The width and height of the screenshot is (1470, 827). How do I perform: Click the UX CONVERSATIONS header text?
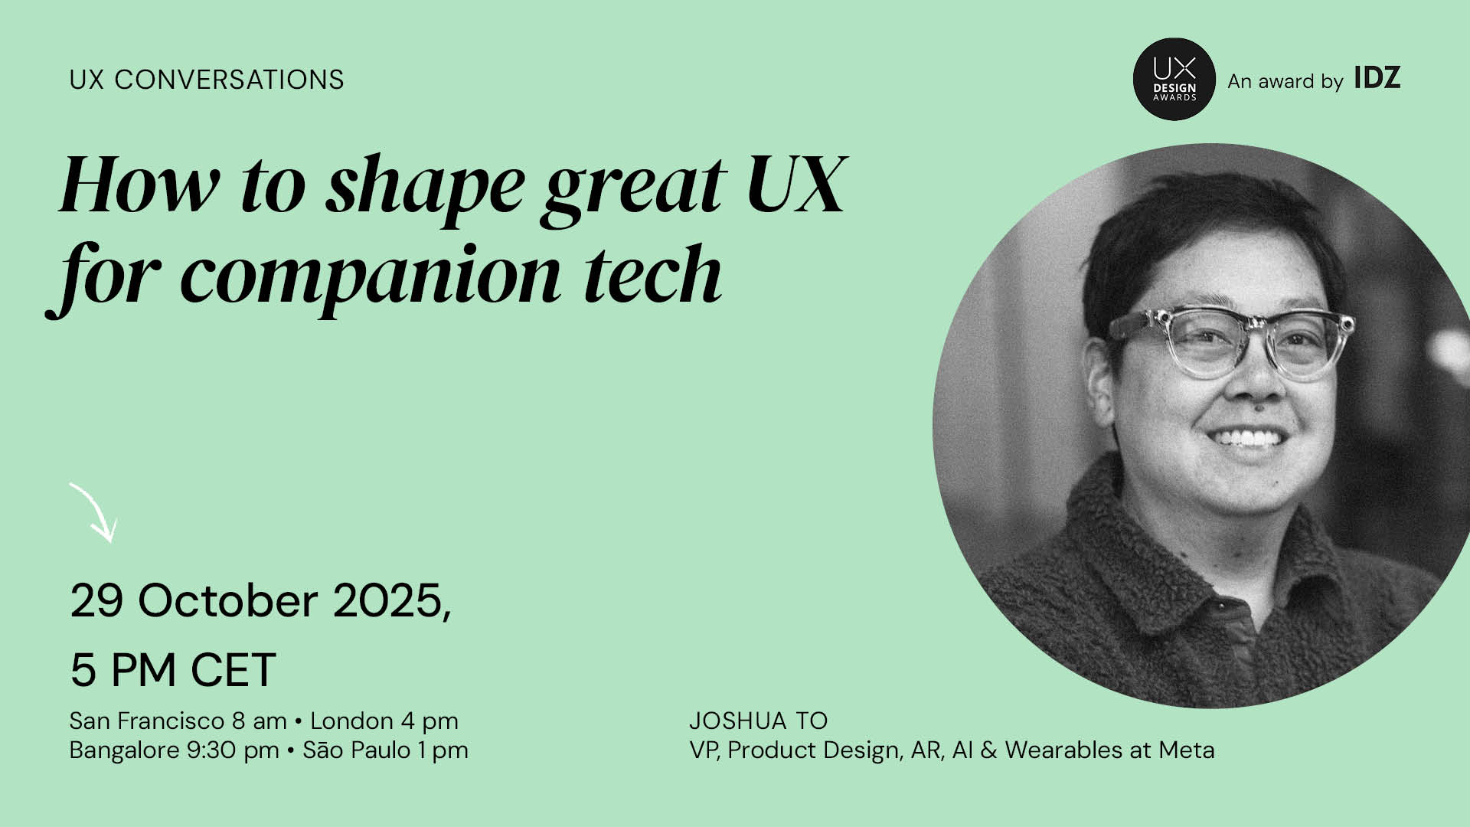[x=207, y=80]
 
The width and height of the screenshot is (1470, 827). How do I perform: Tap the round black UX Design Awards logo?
[x=1174, y=80]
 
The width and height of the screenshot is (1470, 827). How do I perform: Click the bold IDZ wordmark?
[x=1377, y=78]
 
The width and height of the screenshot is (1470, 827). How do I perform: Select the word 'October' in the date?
[x=228, y=601]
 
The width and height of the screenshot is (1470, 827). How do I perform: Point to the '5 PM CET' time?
[x=173, y=670]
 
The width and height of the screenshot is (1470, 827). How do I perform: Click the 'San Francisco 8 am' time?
[x=178, y=721]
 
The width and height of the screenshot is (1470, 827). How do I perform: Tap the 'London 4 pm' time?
[x=384, y=721]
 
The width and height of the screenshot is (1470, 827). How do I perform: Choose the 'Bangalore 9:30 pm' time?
[x=175, y=750]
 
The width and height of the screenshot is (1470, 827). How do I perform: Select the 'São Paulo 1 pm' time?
[x=385, y=750]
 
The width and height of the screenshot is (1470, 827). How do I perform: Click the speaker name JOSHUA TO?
[x=759, y=721]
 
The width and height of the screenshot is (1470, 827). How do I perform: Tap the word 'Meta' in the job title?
[x=1187, y=750]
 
